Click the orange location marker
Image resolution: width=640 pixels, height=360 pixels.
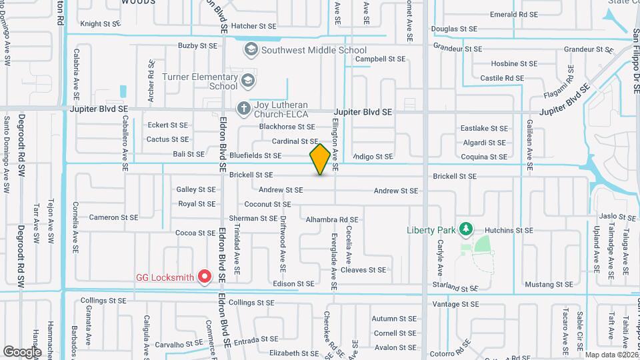pyautogui.click(x=320, y=159)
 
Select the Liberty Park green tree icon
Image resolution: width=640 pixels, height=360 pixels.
pyautogui.click(x=466, y=230)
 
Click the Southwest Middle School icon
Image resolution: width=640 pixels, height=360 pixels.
pyautogui.click(x=251, y=49)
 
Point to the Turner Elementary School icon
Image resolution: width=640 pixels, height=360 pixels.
pyautogui.click(x=248, y=81)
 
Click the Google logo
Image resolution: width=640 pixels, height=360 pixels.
pyautogui.click(x=22, y=351)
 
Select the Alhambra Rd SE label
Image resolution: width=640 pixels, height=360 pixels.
pyautogui.click(x=332, y=219)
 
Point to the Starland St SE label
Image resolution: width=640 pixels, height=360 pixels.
pyautogui.click(x=455, y=288)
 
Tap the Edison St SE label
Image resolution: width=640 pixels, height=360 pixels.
pyautogui.click(x=293, y=284)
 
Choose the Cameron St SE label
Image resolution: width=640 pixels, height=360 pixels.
pyautogui.click(x=113, y=217)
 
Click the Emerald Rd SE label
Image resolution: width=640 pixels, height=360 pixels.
pyautogui.click(x=513, y=14)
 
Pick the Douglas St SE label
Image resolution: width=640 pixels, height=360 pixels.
pyautogui.click(x=454, y=29)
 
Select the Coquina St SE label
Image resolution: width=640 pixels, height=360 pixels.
pyautogui.click(x=484, y=157)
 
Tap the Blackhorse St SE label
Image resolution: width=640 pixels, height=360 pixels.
pyautogui.click(x=287, y=127)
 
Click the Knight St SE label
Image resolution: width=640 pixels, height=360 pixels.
pyautogui.click(x=100, y=24)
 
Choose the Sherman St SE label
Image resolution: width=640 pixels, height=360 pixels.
pyautogui.click(x=253, y=218)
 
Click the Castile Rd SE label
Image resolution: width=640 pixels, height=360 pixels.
pyautogui.click(x=502, y=79)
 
